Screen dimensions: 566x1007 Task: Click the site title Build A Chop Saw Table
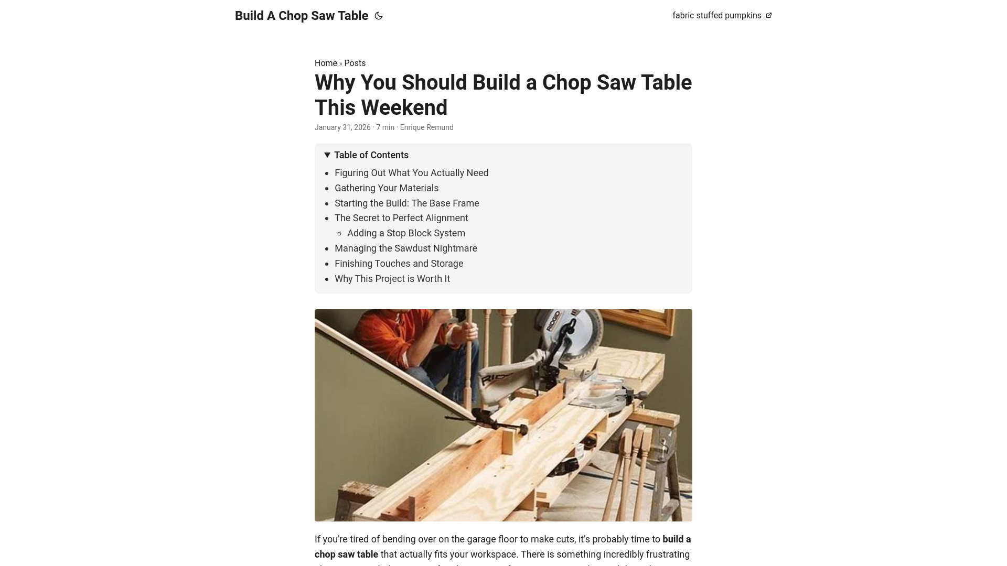point(301,16)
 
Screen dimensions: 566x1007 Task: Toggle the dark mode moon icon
point(379,16)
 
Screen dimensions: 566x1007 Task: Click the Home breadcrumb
point(326,63)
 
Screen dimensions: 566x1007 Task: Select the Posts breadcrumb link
point(355,63)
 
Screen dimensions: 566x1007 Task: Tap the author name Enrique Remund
point(426,127)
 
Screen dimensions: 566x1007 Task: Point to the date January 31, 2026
point(342,127)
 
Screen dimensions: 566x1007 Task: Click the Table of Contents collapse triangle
point(327,155)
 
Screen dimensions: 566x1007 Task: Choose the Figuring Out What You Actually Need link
point(411,173)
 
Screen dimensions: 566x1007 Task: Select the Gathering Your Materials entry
point(386,188)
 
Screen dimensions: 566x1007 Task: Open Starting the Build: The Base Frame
point(406,203)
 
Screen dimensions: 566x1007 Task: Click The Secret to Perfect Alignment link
point(401,218)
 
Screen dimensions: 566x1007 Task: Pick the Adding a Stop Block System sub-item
point(406,233)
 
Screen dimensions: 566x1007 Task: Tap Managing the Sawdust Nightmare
point(405,248)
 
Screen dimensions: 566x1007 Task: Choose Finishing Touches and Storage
point(399,264)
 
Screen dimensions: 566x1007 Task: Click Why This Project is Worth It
point(392,279)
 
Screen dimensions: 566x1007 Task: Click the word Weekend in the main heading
point(404,108)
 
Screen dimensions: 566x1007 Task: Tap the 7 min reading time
point(385,127)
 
